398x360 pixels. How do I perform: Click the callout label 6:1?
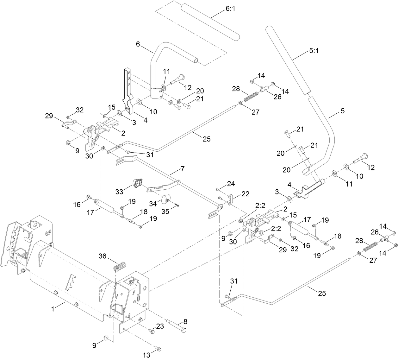point(230,9)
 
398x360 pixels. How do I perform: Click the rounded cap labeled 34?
point(166,199)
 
